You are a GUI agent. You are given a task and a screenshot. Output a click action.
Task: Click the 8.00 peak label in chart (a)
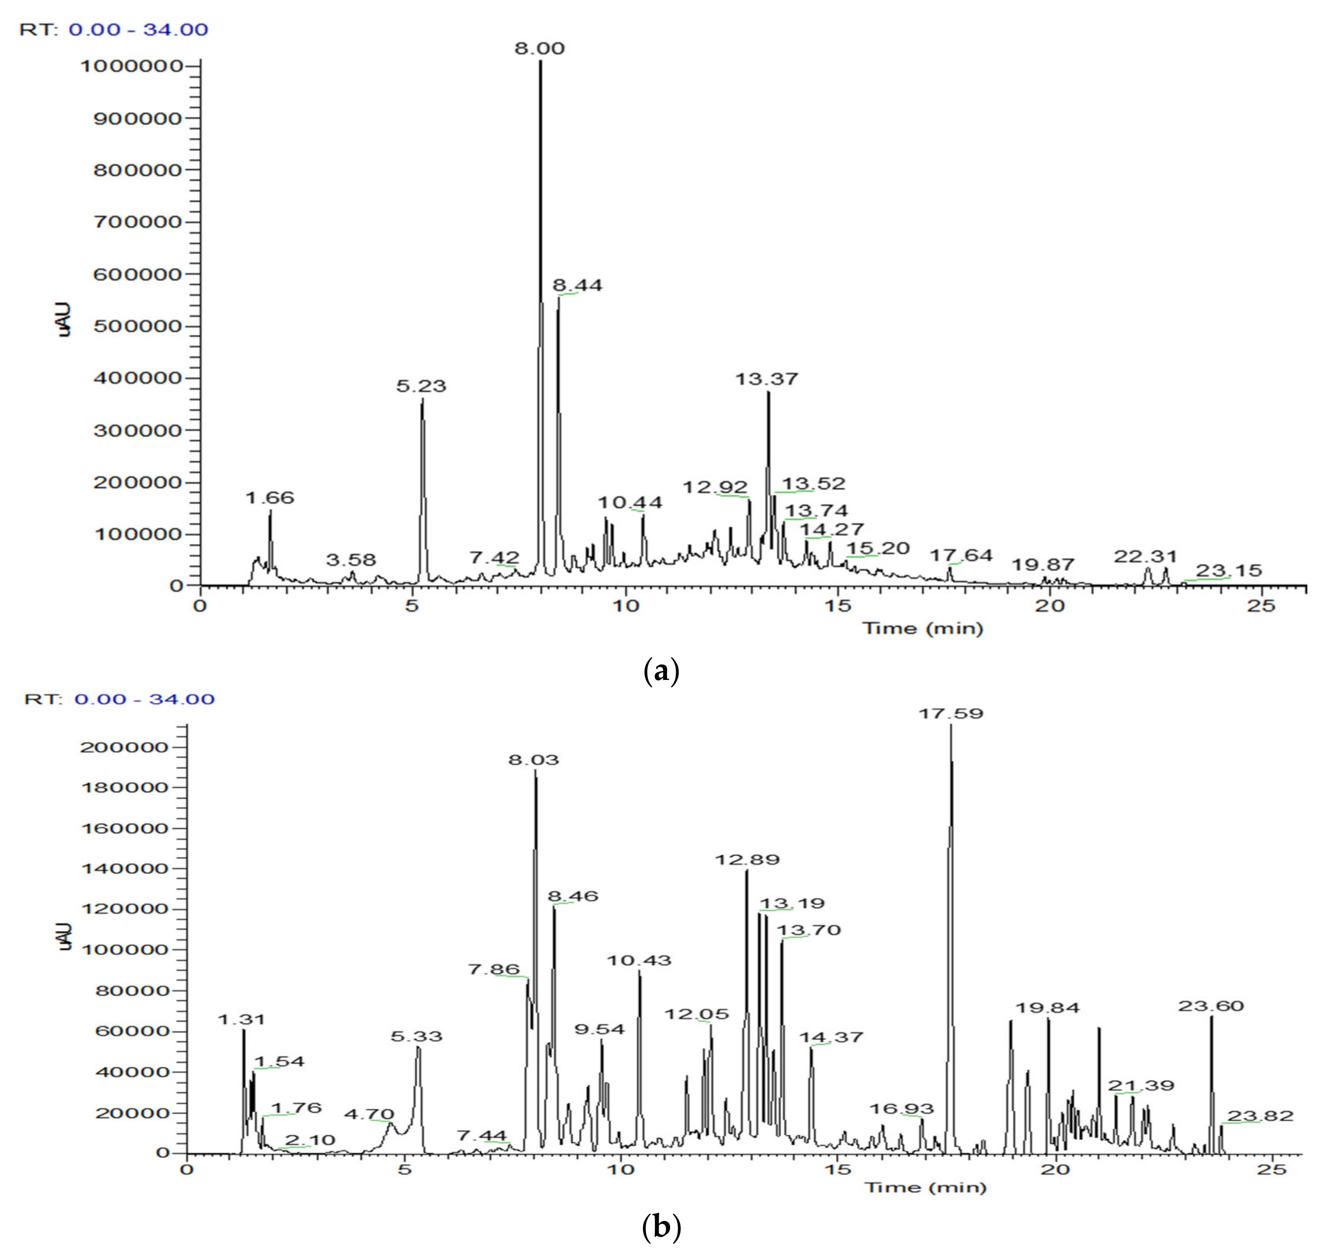pyautogui.click(x=539, y=48)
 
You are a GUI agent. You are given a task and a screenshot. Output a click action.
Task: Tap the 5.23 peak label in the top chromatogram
pyautogui.click(x=421, y=386)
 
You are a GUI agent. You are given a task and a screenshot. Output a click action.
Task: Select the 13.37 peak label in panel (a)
pyautogui.click(x=767, y=379)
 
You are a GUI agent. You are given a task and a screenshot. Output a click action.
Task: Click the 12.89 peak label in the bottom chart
pyautogui.click(x=747, y=860)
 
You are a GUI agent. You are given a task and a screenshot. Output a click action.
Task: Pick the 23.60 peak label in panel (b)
pyautogui.click(x=1211, y=1006)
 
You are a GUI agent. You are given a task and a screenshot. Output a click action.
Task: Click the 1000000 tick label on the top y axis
pyautogui.click(x=131, y=66)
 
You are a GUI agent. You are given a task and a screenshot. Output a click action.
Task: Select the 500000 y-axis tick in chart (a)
pyautogui.click(x=137, y=326)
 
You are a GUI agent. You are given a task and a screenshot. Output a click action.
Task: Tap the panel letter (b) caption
pyautogui.click(x=662, y=1227)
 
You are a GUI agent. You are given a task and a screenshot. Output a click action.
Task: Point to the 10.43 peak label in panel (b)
pyautogui.click(x=639, y=960)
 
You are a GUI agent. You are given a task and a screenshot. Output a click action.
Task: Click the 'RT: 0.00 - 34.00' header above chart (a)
pyautogui.click(x=114, y=30)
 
